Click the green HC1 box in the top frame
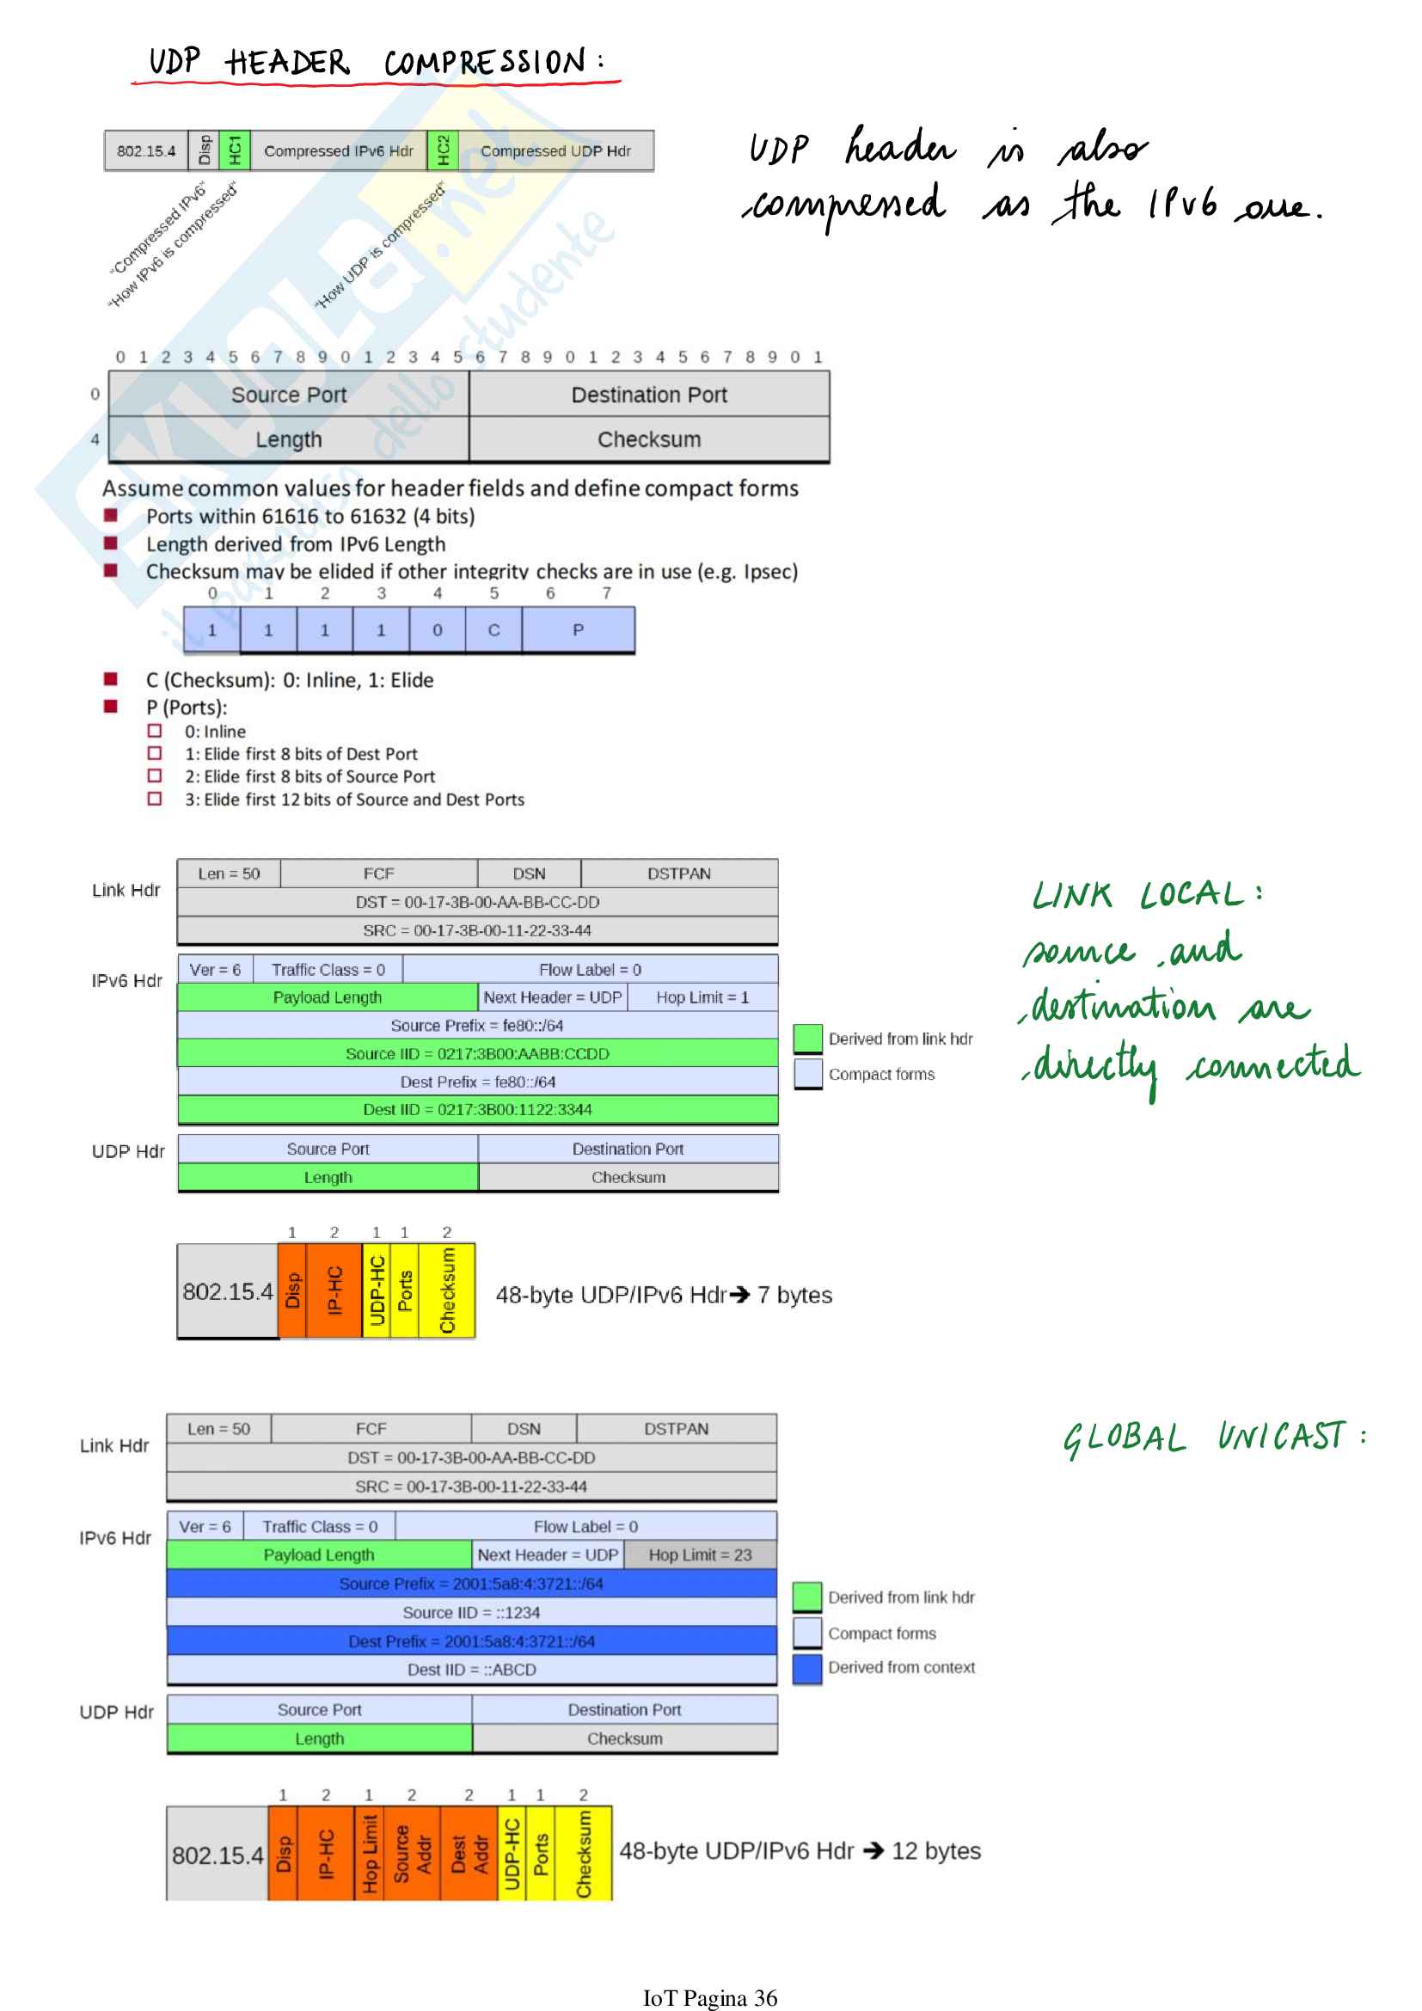tap(235, 150)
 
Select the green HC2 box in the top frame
tap(443, 150)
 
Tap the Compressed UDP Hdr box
tap(555, 150)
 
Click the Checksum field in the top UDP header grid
tap(649, 438)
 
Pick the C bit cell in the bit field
tap(493, 629)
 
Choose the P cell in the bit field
tap(578, 629)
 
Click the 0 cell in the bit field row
tap(437, 629)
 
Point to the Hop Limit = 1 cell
tap(702, 996)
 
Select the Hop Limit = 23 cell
tap(700, 1554)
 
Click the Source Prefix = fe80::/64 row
tap(477, 1025)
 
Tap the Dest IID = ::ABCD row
tap(471, 1670)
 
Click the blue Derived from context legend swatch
tap(806, 1668)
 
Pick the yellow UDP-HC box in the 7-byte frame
tap(377, 1291)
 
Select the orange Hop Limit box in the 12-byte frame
tap(369, 1853)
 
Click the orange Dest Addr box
tap(469, 1853)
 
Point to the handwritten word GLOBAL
tap(1125, 1439)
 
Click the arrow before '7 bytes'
tap(740, 1295)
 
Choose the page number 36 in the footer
tap(765, 1998)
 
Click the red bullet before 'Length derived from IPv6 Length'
tap(110, 543)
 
